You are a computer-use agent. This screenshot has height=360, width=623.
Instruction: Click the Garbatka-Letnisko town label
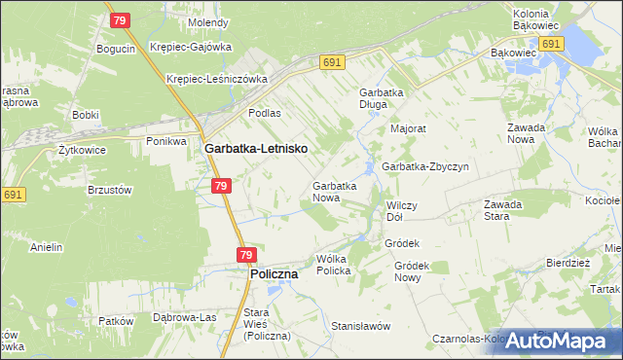pos(257,148)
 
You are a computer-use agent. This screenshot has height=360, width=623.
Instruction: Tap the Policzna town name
pos(274,274)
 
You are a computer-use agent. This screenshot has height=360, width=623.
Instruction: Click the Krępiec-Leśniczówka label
pos(217,79)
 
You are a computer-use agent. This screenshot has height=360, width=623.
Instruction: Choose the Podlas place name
pos(264,113)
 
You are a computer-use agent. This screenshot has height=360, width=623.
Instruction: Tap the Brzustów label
pos(110,191)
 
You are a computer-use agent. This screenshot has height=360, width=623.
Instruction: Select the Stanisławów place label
pos(360,325)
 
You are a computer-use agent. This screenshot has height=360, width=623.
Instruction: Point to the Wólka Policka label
pos(333,265)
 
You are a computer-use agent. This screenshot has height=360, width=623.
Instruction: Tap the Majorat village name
pos(409,127)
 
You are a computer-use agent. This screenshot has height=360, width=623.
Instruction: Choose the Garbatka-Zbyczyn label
pos(425,166)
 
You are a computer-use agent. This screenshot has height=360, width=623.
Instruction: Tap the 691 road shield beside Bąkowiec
pos(551,45)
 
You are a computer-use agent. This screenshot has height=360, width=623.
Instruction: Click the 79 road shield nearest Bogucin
pos(119,19)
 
